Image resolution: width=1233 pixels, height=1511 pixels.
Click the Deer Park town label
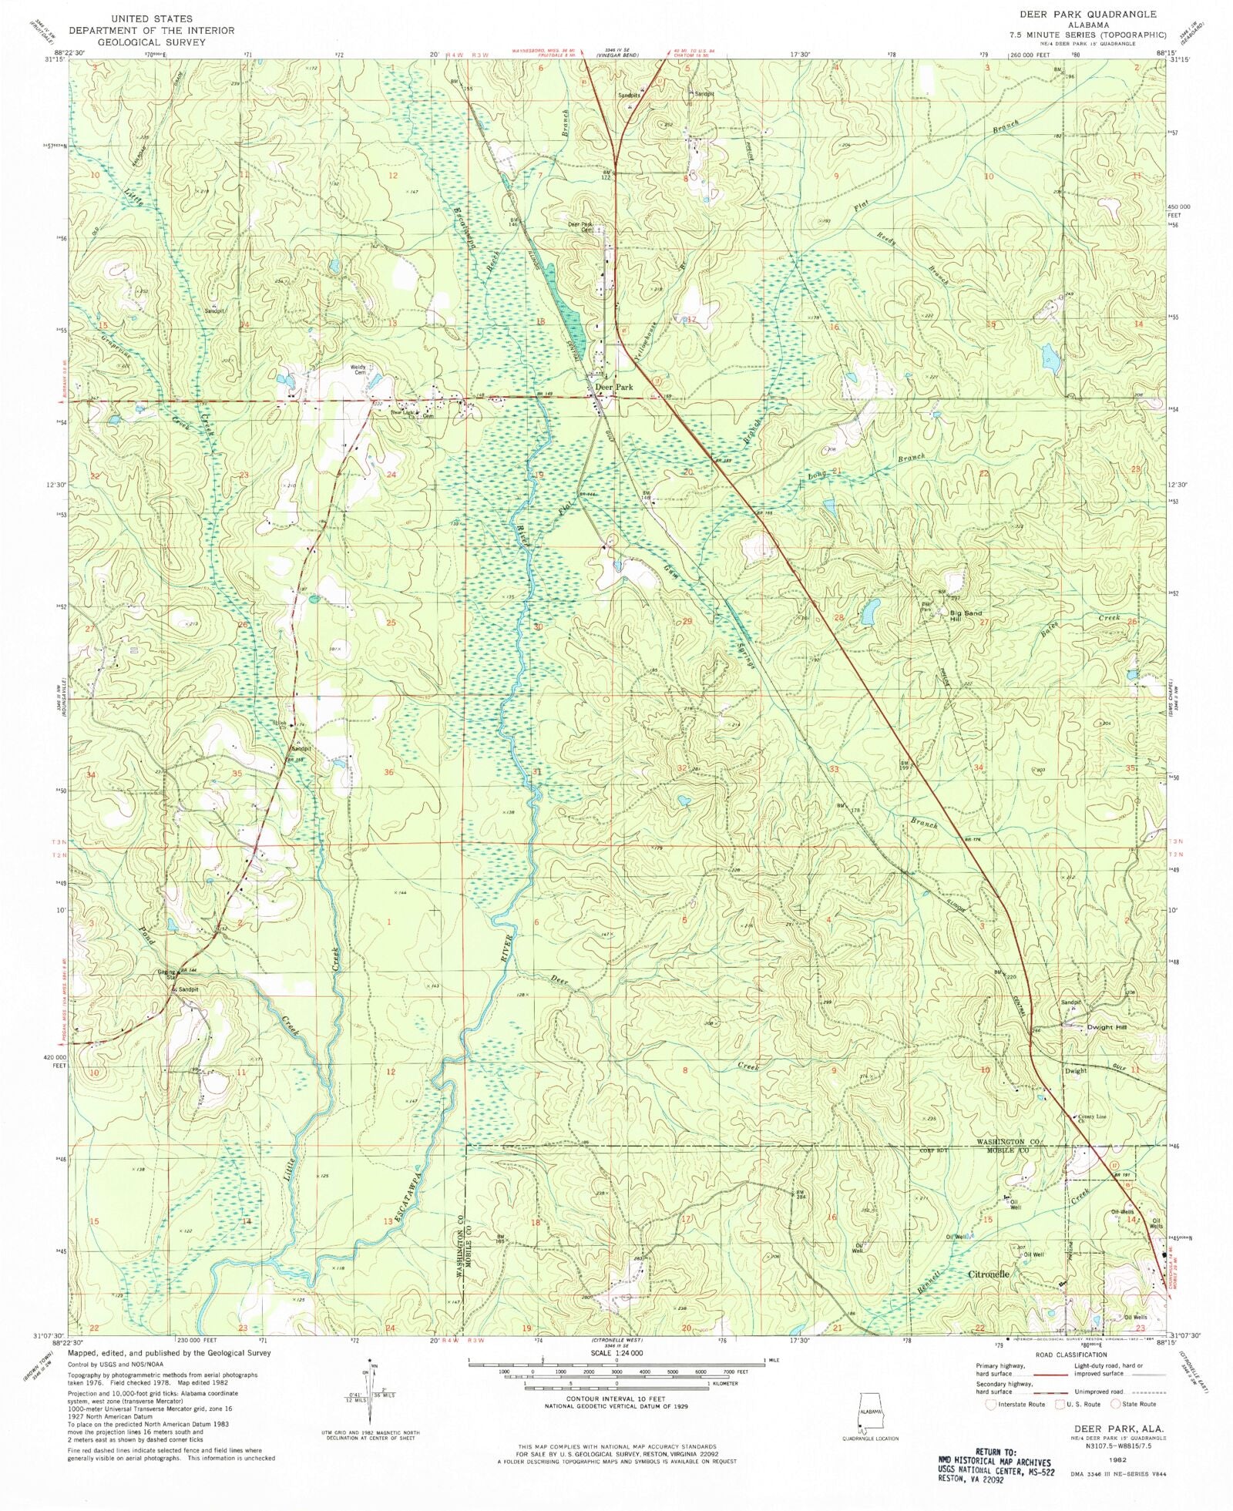pyautogui.click(x=613, y=387)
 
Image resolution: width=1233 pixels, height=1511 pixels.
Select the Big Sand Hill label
pyautogui.click(x=965, y=616)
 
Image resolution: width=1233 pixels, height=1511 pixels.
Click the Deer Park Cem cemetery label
pyautogui.click(x=581, y=227)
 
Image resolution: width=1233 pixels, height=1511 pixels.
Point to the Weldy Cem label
pyautogui.click(x=358, y=370)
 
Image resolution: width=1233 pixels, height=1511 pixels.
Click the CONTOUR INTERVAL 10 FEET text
pyautogui.click(x=616, y=1398)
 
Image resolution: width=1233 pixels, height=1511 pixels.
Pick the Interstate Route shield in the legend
pyautogui.click(x=992, y=1404)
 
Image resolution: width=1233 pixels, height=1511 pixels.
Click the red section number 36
pyautogui.click(x=389, y=771)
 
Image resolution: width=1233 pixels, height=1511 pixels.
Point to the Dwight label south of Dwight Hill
pyautogui.click(x=1076, y=1070)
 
